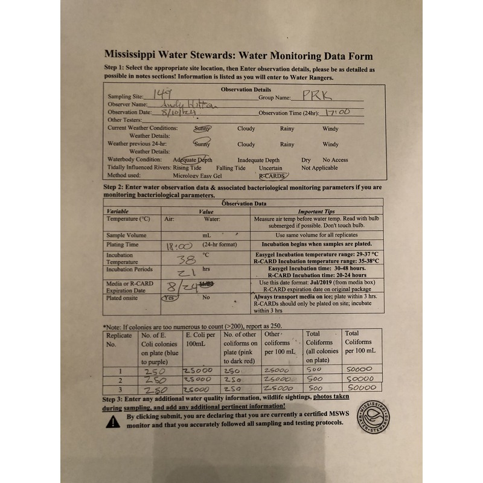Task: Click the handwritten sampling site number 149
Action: pyautogui.click(x=162, y=94)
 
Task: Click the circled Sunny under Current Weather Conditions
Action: pyautogui.click(x=202, y=128)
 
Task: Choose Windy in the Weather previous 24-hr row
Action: pyautogui.click(x=330, y=144)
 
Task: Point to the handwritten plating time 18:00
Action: pyautogui.click(x=179, y=246)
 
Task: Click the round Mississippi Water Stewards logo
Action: pyautogui.click(x=373, y=416)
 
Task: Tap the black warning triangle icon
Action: pyautogui.click(x=113, y=421)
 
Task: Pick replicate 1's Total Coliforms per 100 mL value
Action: pyautogui.click(x=361, y=369)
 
